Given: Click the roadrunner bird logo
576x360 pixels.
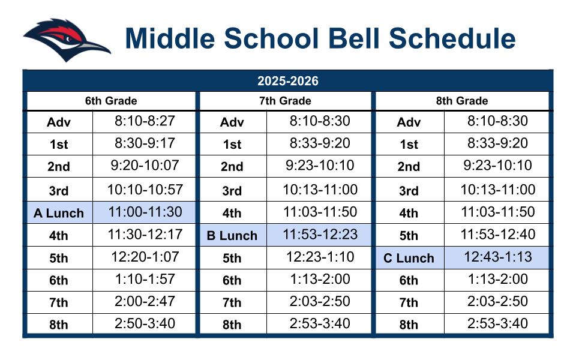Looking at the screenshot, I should pos(66,39).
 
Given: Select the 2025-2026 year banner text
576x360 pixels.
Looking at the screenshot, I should pos(288,81).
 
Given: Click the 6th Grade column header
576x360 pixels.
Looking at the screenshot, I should pos(111,101).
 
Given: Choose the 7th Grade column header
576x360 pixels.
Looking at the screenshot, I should pos(285,101).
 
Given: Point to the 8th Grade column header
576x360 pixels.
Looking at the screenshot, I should pos(461,101).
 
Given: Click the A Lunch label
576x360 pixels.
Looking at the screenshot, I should pos(59,213).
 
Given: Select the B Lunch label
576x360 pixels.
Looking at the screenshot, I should pos(232,236).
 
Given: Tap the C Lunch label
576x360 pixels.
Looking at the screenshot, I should pos(409,258).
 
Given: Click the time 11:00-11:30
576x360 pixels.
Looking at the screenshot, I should pos(144,212).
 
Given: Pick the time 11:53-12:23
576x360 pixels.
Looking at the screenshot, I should pos(320,234).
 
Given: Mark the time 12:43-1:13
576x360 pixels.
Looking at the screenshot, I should pos(497,257).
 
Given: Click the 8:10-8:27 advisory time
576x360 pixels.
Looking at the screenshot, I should pos(144,121).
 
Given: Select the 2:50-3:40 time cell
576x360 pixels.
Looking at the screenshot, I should pos(144,324).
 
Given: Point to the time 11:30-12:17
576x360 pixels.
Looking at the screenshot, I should pos(144,234).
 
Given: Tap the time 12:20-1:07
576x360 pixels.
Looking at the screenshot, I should pos(144,257).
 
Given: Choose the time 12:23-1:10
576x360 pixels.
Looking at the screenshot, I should pos(320,257).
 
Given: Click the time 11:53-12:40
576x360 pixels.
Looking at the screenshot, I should pos(497,234).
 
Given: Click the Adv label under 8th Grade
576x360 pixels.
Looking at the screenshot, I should pos(409,123).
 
